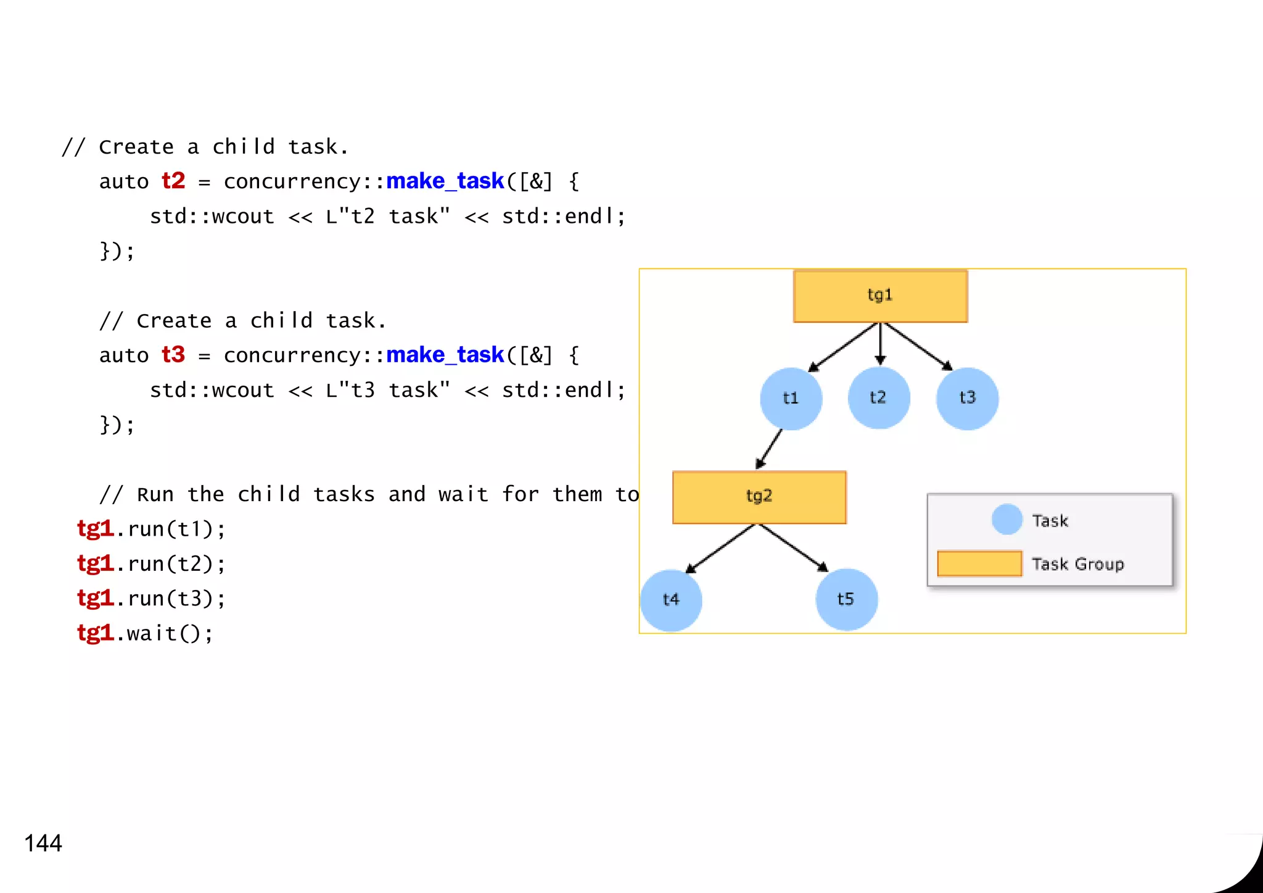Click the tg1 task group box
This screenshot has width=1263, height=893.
[x=880, y=296]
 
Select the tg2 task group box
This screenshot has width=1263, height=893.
[x=759, y=497]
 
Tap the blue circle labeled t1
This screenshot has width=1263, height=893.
[x=791, y=399]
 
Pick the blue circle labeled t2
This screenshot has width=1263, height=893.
[x=879, y=398]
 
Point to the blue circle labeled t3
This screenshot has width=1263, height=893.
[x=967, y=399]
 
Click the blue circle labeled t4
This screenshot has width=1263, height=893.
[x=671, y=600]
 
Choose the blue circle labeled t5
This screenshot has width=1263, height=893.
[x=846, y=599]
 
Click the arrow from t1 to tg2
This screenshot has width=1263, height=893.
[x=770, y=449]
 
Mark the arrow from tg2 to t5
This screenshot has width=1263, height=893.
[x=793, y=547]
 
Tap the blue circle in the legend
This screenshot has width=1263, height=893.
[x=1007, y=519]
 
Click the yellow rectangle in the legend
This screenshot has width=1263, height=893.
[x=979, y=563]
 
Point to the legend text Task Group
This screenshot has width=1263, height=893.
[x=1077, y=564]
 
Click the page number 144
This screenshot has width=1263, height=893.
[x=43, y=844]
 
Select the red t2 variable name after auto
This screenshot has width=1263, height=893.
[x=173, y=181]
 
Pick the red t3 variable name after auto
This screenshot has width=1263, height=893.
[x=173, y=355]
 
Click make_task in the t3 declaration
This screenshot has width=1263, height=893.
[x=445, y=355]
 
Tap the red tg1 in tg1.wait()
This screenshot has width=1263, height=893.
[x=95, y=633]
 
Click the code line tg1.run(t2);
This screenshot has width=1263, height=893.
[x=151, y=563]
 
